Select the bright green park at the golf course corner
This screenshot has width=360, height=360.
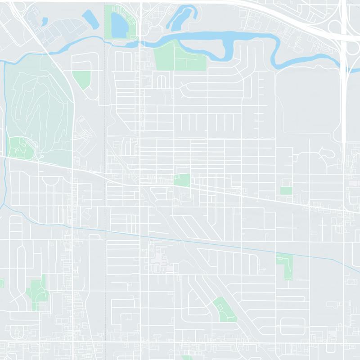click(21, 147)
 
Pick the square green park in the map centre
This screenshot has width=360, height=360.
click(182, 180)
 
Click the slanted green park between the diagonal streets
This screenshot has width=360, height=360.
click(225, 310)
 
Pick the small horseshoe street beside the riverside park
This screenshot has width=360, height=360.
click(162, 81)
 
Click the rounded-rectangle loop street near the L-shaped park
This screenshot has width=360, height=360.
click(292, 326)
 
